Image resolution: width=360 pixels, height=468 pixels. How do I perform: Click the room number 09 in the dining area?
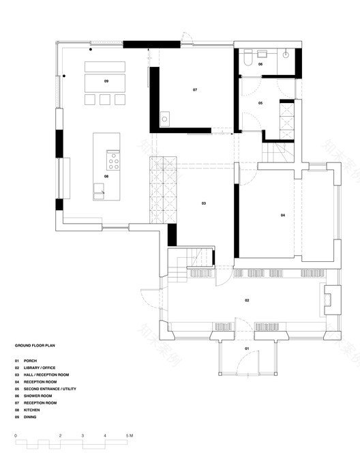106,81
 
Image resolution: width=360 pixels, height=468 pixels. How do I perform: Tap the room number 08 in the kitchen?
106,176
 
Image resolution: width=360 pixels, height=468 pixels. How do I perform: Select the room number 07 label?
194,90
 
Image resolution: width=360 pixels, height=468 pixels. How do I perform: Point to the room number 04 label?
282,216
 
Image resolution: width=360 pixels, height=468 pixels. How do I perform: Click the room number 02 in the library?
247,300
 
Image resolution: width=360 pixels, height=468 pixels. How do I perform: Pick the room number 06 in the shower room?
260,64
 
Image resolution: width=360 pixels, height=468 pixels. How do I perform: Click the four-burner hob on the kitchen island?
112,161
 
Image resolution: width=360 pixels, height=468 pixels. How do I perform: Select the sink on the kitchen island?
100,192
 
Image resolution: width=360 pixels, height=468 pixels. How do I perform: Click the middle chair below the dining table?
105,100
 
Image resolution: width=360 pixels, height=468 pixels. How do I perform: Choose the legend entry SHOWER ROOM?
37,396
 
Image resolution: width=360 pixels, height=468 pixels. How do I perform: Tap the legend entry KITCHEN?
31,410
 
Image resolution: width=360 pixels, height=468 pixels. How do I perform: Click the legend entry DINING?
31,417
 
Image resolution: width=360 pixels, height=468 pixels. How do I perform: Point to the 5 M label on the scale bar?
130,435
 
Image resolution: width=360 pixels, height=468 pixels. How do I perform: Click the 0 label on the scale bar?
15,435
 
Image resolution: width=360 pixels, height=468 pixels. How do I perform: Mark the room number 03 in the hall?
203,203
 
